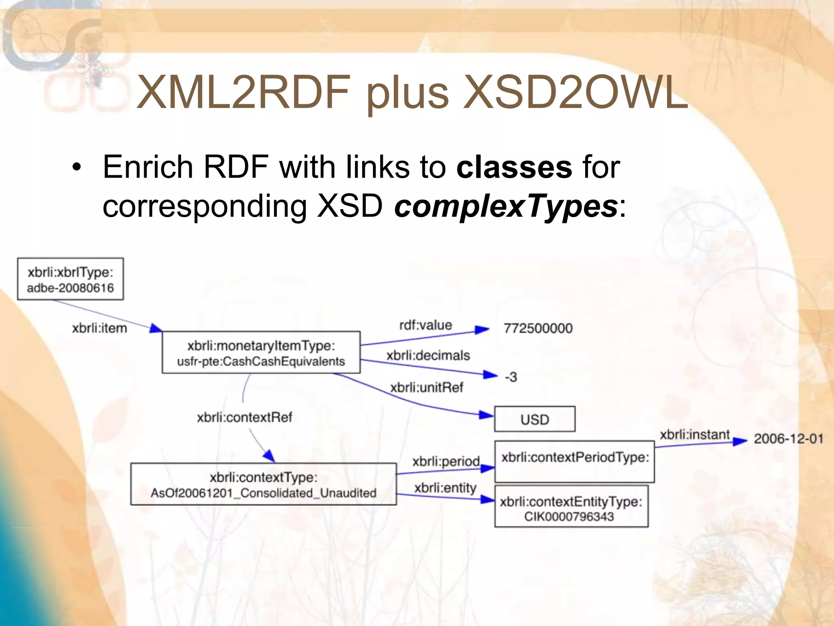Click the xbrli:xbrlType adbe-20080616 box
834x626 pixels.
click(70, 279)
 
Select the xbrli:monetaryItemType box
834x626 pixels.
click(261, 353)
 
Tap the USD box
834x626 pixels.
click(534, 419)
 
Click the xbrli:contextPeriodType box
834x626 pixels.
click(575, 461)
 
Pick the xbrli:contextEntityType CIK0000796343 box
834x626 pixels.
click(571, 507)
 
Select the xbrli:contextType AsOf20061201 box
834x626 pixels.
click(263, 484)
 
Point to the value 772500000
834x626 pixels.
click(538, 328)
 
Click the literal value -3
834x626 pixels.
click(511, 377)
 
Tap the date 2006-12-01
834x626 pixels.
click(788, 439)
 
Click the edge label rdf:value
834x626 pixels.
click(426, 325)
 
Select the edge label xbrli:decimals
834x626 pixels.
click(428, 355)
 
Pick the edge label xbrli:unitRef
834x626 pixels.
click(426, 387)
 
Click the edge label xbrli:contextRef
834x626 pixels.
click(244, 417)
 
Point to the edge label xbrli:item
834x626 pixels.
click(99, 328)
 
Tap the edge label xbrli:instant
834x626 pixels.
click(694, 435)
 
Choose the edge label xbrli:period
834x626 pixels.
click(446, 461)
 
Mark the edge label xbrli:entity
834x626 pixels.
click(445, 488)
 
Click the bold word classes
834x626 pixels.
click(514, 167)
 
